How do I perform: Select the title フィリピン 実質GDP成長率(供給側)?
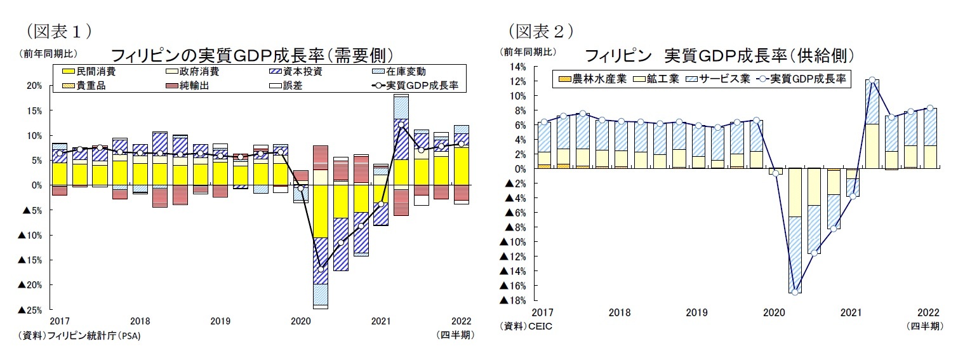pyautogui.click(x=719, y=55)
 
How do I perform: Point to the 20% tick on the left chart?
pyautogui.click(x=34, y=86)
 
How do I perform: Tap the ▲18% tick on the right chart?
pyautogui.click(x=513, y=300)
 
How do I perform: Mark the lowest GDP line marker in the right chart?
pyautogui.click(x=794, y=292)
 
